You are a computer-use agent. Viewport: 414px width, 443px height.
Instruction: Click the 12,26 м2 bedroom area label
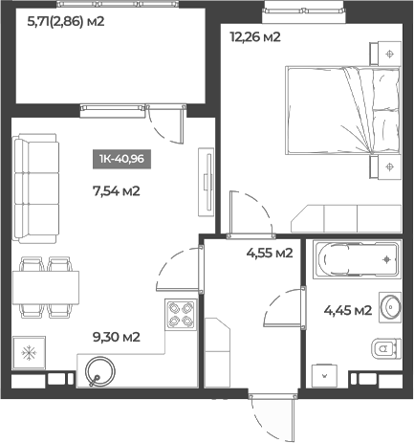(x=255, y=37)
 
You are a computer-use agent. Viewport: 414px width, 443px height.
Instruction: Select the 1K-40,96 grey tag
(x=121, y=159)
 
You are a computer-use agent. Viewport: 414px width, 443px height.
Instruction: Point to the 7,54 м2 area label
(x=117, y=191)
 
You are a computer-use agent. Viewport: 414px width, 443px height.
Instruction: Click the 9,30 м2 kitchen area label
(x=117, y=337)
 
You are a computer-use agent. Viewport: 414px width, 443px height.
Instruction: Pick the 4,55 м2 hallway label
(x=270, y=254)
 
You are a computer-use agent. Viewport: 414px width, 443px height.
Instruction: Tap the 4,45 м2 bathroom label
(x=348, y=310)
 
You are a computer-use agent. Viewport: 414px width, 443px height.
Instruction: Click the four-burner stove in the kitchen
(x=181, y=315)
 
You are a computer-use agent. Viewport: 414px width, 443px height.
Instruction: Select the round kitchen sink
(x=99, y=370)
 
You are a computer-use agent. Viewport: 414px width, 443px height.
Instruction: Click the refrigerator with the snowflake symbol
(x=29, y=353)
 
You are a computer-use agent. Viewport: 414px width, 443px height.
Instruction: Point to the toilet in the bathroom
(x=386, y=348)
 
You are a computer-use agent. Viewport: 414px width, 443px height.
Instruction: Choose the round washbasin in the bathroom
(x=390, y=307)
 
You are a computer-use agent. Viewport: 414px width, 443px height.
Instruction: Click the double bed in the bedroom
(x=343, y=110)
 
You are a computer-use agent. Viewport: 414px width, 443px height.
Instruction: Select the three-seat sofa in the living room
(x=35, y=188)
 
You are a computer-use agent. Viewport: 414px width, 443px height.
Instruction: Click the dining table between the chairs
(x=46, y=287)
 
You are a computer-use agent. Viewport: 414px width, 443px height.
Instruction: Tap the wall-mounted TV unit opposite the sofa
(x=207, y=182)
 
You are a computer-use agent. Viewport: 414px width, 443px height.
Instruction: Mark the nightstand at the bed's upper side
(x=385, y=54)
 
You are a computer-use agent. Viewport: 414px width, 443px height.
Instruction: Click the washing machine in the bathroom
(x=324, y=376)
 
